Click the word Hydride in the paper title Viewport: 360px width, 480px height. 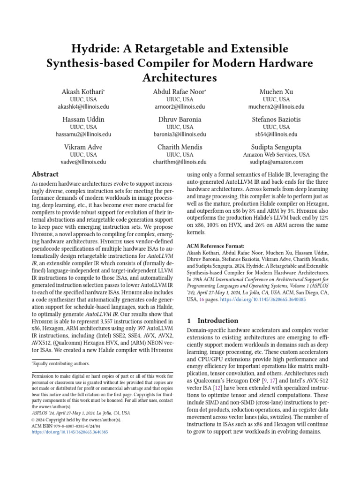92,48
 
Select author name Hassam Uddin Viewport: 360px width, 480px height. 83,119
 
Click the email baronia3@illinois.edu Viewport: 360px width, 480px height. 180,134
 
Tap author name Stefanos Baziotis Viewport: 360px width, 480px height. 276,119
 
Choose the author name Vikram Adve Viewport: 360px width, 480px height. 83,147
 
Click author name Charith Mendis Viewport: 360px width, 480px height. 180,147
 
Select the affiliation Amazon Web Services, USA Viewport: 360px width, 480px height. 276,154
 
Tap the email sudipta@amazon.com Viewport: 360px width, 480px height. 276,162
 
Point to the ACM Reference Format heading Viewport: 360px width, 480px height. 216,246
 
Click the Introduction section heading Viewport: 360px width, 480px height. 217,321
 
